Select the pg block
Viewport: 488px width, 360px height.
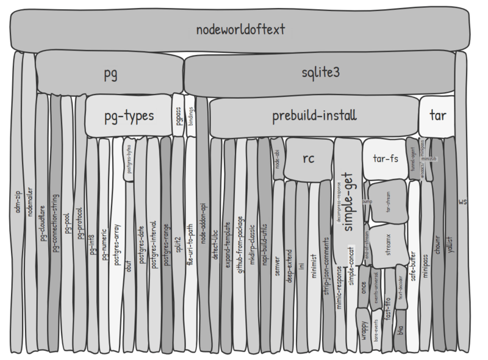click(110, 74)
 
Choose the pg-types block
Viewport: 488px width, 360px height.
click(127, 115)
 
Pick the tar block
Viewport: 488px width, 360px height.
click(438, 115)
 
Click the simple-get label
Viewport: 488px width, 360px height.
click(350, 207)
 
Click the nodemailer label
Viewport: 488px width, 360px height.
click(30, 198)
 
